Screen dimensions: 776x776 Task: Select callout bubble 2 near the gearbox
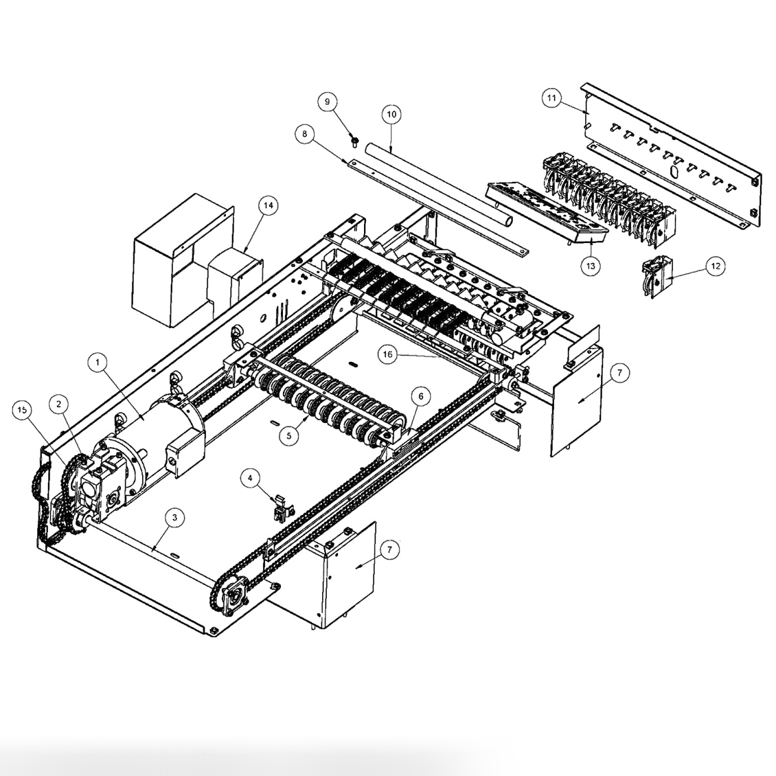(x=60, y=402)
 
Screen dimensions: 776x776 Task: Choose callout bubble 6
(x=420, y=396)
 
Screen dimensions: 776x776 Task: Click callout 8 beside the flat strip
(x=305, y=133)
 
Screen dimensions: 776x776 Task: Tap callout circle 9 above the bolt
(x=328, y=102)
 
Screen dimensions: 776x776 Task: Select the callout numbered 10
(x=391, y=113)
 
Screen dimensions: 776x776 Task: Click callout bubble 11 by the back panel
(x=551, y=98)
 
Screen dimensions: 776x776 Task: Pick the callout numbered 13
(x=591, y=265)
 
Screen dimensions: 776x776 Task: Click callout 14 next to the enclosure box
(x=269, y=205)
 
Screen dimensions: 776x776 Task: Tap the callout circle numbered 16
(x=388, y=354)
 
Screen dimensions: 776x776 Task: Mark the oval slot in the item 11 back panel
(x=674, y=169)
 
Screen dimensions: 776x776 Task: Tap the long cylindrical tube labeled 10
(x=440, y=185)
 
